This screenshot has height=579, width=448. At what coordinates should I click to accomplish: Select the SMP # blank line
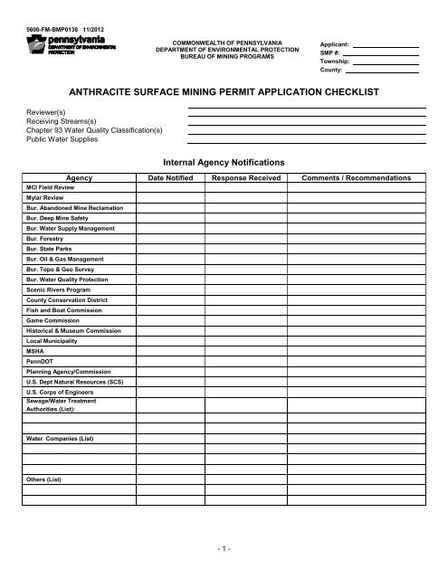point(383,56)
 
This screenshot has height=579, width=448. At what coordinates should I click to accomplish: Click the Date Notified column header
point(175,178)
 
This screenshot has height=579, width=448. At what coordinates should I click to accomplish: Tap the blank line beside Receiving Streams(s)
point(306,120)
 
